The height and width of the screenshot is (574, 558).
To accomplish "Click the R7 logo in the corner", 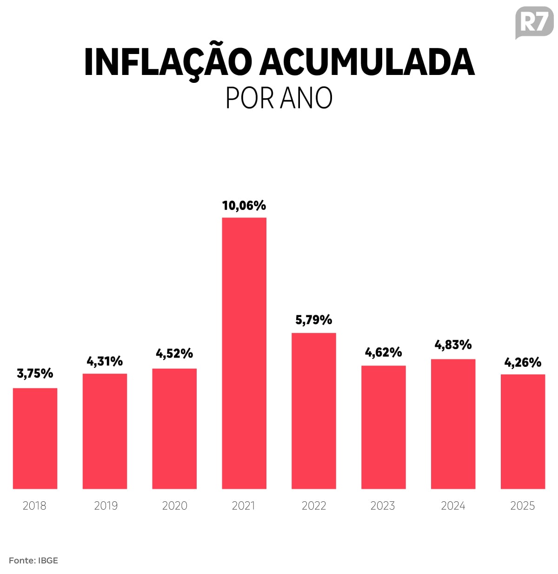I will pos(534,22).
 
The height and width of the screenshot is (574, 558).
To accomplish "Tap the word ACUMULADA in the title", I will pos(367,62).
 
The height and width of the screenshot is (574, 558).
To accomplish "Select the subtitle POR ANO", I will pos(279,98).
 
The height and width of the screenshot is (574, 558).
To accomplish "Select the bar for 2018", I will pos(35,438).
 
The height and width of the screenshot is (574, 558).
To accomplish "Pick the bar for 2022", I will pos(314,411).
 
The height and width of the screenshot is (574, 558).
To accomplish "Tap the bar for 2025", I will pos(523,431).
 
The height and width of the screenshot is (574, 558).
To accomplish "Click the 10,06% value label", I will pos(244,205).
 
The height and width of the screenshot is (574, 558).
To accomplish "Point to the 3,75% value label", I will pos(35,373).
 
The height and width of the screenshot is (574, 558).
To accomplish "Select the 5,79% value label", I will pos(314,320).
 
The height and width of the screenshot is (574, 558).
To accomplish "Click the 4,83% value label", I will pos(453,345).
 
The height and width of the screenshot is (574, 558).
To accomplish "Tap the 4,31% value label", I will pos(105,361).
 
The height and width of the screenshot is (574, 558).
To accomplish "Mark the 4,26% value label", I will pos(523,362).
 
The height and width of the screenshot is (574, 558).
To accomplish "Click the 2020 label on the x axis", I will pos(174,506).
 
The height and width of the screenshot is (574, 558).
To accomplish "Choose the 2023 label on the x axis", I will pos(383,506).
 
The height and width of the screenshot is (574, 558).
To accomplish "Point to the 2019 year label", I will pos(106,506).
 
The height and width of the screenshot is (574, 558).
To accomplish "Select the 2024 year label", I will pos(453,506).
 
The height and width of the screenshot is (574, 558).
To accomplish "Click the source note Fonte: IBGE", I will pos(33,560).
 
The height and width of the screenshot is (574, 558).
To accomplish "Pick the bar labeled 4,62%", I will pos(384,427).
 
